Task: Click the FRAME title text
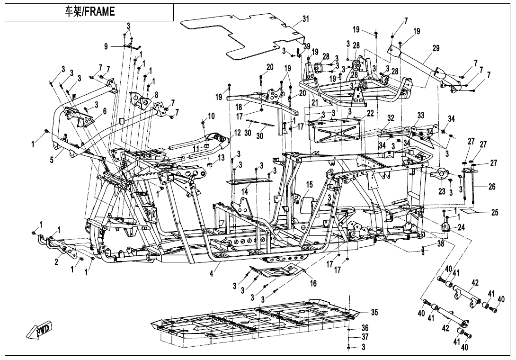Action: [x=89, y=12]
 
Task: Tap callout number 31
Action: [x=306, y=19]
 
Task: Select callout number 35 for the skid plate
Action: [x=374, y=312]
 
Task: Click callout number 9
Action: [x=107, y=46]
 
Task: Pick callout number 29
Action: [x=436, y=48]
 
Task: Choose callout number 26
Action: [x=492, y=187]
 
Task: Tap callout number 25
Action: [x=495, y=213]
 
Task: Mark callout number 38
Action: [x=441, y=245]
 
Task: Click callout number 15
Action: [x=310, y=184]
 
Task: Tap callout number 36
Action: [x=365, y=327]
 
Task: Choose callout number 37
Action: [x=365, y=337]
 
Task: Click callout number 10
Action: [x=212, y=116]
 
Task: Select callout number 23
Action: [x=442, y=191]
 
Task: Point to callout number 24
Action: [x=461, y=227]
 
